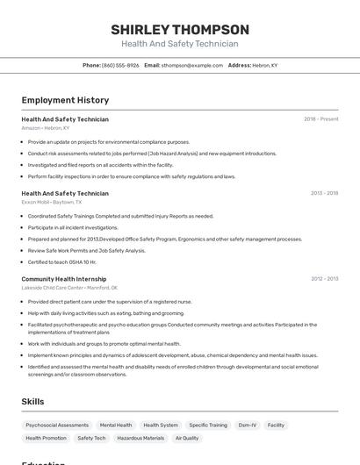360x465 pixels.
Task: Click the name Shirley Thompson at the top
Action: (x=180, y=29)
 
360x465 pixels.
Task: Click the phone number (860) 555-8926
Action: (x=119, y=65)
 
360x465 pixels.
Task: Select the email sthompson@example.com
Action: (x=192, y=65)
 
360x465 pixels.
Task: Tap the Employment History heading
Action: (x=65, y=100)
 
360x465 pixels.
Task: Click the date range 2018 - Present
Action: (x=321, y=118)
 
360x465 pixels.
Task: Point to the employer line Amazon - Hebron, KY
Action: (x=46, y=127)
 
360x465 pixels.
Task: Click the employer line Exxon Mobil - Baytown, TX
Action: (x=52, y=202)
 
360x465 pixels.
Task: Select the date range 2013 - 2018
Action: (x=324, y=193)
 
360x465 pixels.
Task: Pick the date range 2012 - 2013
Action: (x=324, y=279)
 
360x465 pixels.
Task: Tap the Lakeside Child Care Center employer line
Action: (x=69, y=288)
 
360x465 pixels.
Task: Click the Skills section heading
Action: (x=33, y=401)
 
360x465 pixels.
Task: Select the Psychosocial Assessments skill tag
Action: (x=57, y=426)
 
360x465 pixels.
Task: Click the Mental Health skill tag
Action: (x=116, y=426)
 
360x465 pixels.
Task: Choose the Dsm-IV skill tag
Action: (x=248, y=426)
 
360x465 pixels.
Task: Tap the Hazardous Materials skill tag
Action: (x=140, y=438)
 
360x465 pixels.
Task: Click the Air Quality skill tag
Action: (x=187, y=438)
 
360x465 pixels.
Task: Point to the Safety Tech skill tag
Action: (x=91, y=438)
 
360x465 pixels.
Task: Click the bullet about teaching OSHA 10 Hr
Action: (x=62, y=261)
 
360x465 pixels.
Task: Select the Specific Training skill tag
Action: (x=208, y=426)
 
